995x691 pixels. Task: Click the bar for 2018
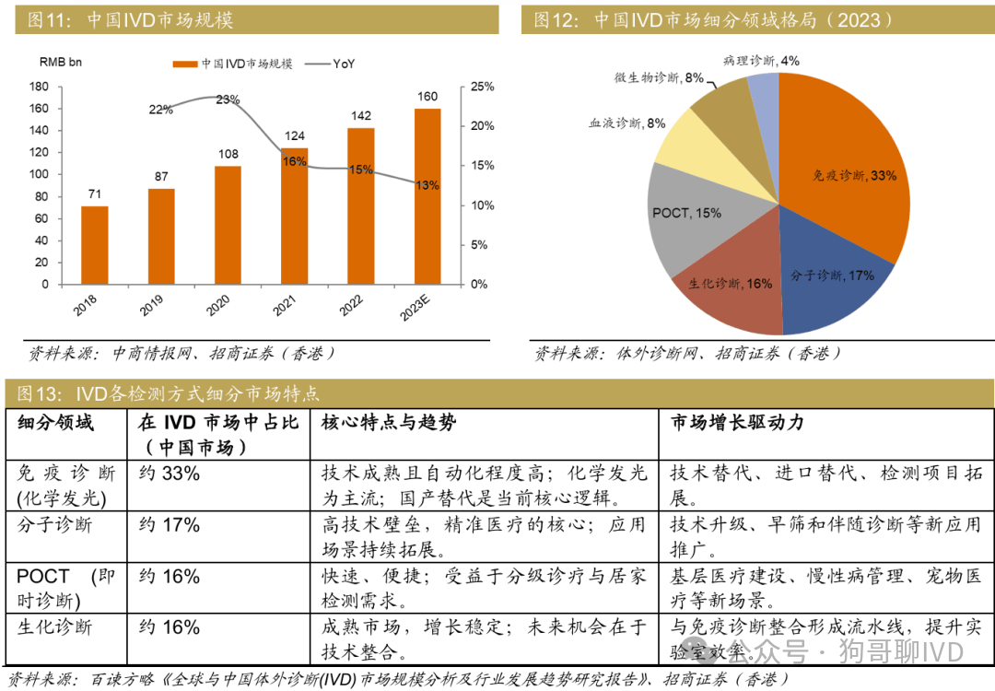[x=95, y=245]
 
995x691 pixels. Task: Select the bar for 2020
[x=228, y=225]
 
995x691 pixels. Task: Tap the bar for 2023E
[x=427, y=196]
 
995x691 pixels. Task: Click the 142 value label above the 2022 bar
[x=360, y=116]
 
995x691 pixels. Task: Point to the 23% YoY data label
[x=228, y=100]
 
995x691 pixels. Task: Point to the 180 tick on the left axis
[x=39, y=87]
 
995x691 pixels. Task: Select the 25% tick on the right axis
[x=483, y=87]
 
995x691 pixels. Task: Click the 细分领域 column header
[x=55, y=422]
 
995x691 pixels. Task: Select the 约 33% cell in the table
[x=170, y=474]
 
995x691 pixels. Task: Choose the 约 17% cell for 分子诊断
[x=170, y=525]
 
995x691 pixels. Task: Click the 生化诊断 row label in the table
[x=54, y=627]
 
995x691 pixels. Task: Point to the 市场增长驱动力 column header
[x=737, y=422]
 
